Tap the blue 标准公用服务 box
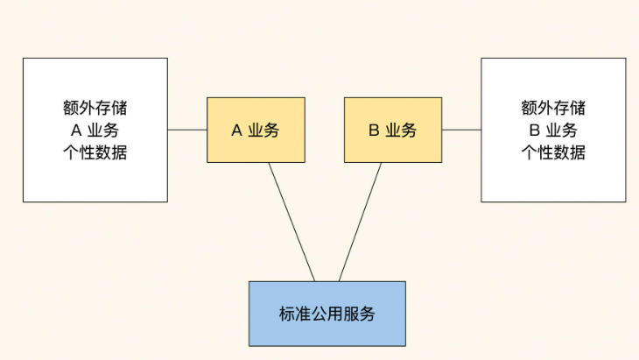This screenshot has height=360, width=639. point(327,313)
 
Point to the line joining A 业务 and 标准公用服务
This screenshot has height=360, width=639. point(291,222)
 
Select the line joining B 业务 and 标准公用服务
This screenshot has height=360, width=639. point(361,222)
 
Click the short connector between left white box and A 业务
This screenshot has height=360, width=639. point(187,130)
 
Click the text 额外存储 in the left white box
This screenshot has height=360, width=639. point(95,109)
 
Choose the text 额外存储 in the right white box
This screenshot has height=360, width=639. point(553,109)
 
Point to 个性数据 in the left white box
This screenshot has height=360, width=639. point(95,152)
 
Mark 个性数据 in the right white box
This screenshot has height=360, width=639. point(553,152)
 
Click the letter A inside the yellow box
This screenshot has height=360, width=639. point(236,131)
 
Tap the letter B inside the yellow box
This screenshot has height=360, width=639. point(374,131)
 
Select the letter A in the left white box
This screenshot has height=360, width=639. point(75,131)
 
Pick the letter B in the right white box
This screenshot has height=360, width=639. point(533,131)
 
